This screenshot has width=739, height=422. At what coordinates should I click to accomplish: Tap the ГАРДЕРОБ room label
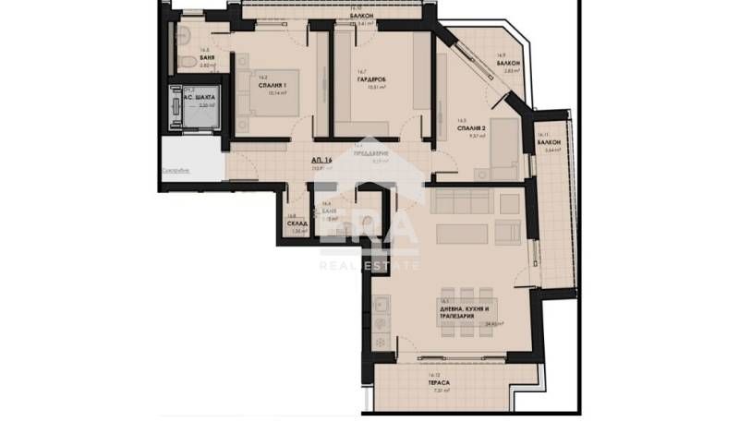point(370,78)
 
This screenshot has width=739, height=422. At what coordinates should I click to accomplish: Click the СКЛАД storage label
point(297,224)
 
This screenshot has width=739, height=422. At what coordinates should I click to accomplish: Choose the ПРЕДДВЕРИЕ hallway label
point(376,153)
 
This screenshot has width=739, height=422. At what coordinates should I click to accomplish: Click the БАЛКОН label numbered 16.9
point(508,63)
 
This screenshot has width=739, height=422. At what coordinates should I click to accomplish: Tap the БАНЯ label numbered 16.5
point(327,211)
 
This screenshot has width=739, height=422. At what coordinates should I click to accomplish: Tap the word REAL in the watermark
point(337,265)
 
